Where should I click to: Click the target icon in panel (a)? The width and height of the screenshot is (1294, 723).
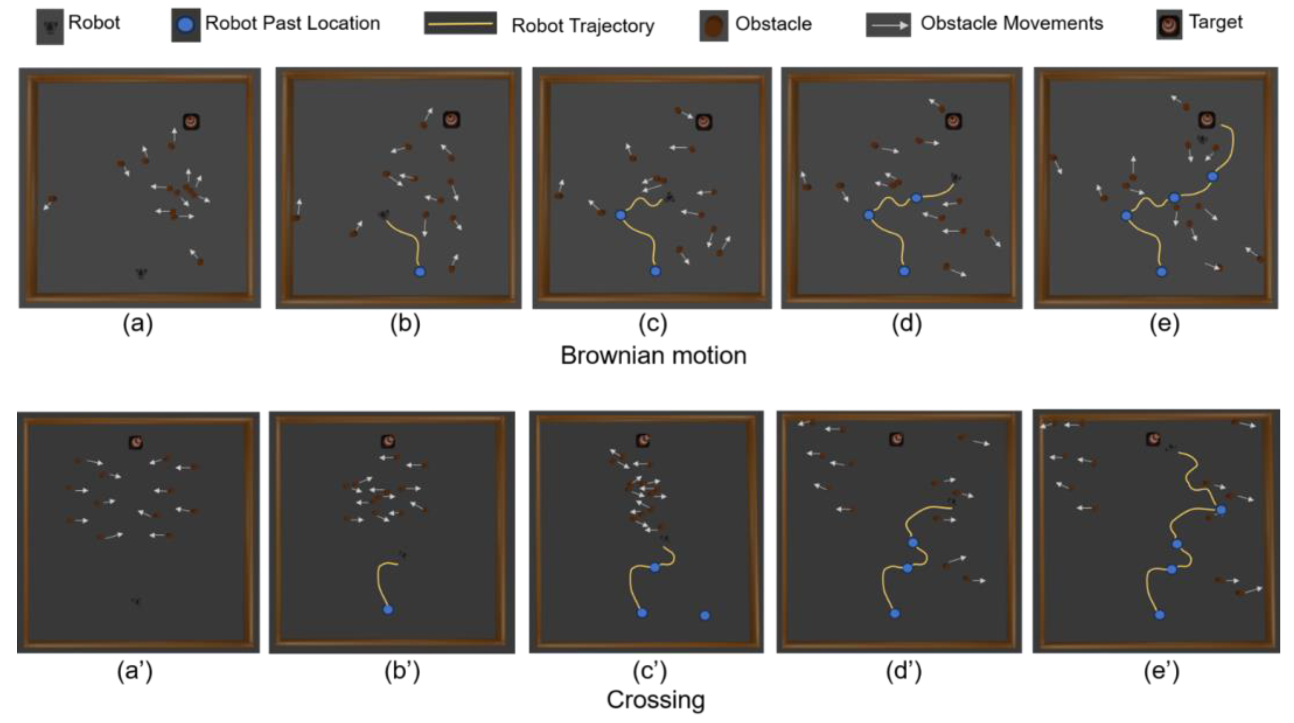point(191,122)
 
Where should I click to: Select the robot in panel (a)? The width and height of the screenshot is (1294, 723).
point(141,274)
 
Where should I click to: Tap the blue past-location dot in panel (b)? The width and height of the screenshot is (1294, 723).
point(420,272)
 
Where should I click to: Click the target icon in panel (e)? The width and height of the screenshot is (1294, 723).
point(1207,120)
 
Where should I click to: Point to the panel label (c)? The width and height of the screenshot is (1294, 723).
point(653,324)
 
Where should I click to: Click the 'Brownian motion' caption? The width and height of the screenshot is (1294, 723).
point(653,355)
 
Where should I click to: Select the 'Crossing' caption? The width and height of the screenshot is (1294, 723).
point(655,699)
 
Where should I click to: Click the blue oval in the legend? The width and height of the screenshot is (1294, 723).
point(186,24)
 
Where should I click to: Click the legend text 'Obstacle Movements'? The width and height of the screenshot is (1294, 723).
point(1011,23)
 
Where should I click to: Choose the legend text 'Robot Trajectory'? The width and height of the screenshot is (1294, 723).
point(583,25)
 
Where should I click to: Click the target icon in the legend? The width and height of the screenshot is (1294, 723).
point(1169,24)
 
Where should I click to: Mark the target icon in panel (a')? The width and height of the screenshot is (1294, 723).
point(136,443)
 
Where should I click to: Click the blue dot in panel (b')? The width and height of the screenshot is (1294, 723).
point(388,610)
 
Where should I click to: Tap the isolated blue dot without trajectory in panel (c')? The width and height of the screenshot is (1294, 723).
point(705,615)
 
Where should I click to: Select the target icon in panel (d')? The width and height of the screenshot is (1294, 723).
point(897,439)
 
